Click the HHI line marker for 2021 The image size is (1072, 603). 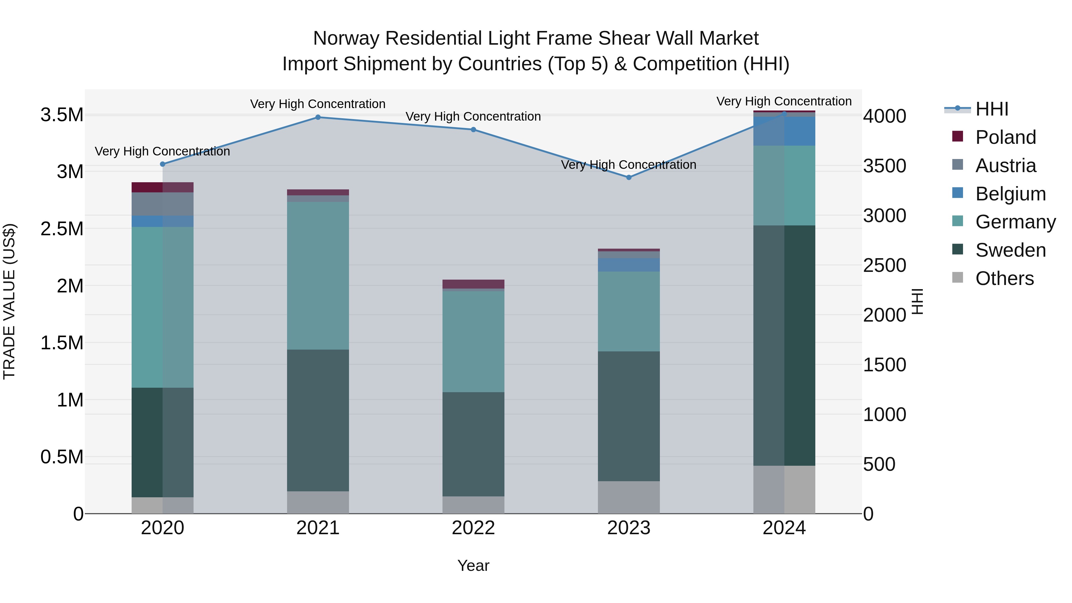[x=318, y=117]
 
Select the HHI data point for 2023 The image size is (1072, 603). [x=629, y=178]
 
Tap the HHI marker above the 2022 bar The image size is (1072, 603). [x=473, y=130]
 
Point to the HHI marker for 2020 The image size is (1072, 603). [x=163, y=164]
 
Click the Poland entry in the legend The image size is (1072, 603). [x=1005, y=137]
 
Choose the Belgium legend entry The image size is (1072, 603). [x=1010, y=194]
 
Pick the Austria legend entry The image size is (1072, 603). [x=1005, y=166]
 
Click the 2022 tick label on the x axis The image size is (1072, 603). [x=473, y=528]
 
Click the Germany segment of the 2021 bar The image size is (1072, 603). [x=318, y=275]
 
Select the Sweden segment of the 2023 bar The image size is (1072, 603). [x=629, y=416]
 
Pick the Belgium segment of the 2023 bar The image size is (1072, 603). [x=629, y=265]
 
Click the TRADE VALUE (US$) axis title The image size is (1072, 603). [x=9, y=301]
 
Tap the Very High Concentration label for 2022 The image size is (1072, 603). [x=473, y=116]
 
